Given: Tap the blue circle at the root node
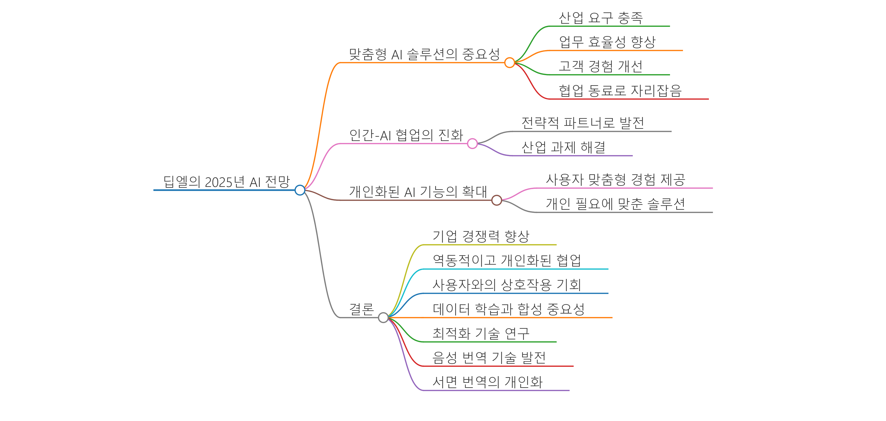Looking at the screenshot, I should tap(300, 190).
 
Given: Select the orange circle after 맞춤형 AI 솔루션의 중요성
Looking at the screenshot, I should tap(509, 63).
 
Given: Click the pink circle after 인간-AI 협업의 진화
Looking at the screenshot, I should tap(472, 143).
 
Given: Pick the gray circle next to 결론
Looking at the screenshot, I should tap(383, 317).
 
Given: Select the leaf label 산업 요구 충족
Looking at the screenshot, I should tap(601, 18).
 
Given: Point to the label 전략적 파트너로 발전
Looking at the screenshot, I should tap(583, 123).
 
